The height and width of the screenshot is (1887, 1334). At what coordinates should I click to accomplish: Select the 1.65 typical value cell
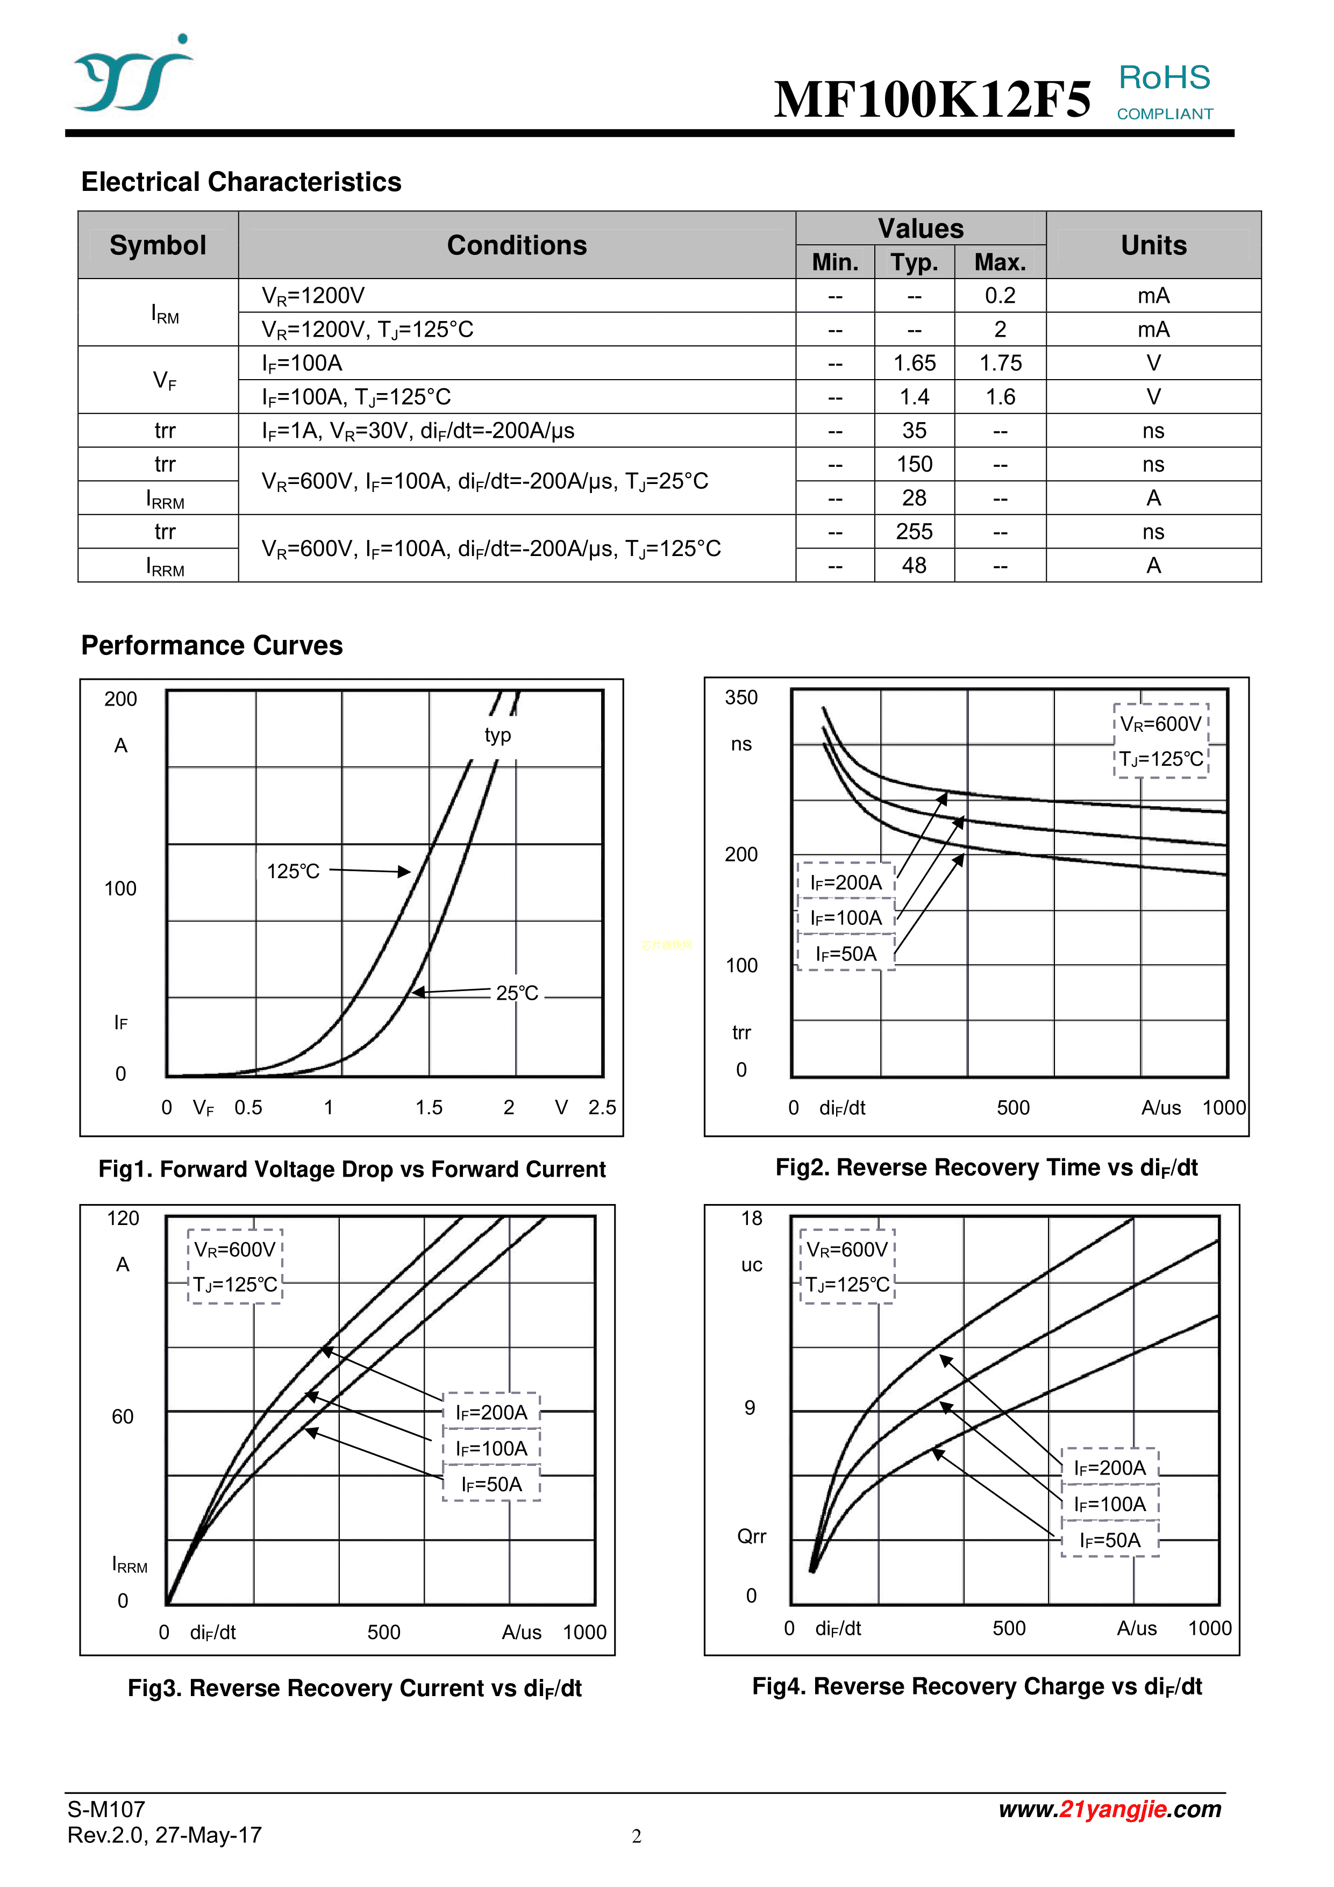(x=914, y=364)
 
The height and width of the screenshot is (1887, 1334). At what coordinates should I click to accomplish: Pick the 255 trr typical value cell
(x=914, y=532)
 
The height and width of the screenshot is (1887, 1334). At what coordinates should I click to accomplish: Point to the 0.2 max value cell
(x=1000, y=296)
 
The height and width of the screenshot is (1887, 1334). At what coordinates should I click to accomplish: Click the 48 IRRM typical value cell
(x=914, y=565)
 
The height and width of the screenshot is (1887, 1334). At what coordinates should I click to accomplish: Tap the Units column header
(x=1153, y=245)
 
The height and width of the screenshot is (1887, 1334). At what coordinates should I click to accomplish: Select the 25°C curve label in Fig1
(x=517, y=993)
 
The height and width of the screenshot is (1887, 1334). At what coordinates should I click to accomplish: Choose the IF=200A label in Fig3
(x=491, y=1413)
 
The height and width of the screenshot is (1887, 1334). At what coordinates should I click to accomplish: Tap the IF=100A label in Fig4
(x=1110, y=1505)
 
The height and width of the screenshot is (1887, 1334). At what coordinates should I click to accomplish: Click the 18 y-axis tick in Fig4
(x=751, y=1218)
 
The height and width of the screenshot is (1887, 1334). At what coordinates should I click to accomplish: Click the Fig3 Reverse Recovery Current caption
(x=354, y=1688)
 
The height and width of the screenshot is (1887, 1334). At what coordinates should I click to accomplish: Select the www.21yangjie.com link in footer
(x=1110, y=1809)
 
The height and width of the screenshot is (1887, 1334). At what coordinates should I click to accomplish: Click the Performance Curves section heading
(x=212, y=646)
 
